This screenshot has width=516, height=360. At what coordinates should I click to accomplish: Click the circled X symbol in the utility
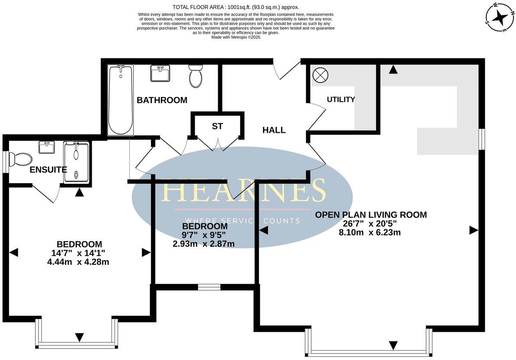coord(320,74)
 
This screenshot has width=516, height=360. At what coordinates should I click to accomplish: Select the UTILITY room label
coord(341,100)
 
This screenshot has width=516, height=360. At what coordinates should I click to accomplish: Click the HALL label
coord(274,130)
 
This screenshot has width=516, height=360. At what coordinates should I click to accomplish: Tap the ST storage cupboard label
coord(217,126)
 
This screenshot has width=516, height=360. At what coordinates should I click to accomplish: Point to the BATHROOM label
coord(162,100)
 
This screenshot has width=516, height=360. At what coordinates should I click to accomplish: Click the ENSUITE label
coord(48,170)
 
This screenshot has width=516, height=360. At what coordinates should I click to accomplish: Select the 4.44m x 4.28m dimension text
coord(78,262)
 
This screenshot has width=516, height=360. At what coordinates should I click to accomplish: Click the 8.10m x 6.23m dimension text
coord(370,232)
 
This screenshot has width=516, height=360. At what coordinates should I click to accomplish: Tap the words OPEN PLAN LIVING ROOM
coord(371,215)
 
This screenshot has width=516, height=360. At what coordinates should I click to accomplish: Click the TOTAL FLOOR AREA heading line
coord(235,7)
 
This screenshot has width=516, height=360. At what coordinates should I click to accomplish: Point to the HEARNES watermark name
coord(242,190)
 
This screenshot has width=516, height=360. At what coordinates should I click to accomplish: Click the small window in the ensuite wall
coord(5,162)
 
